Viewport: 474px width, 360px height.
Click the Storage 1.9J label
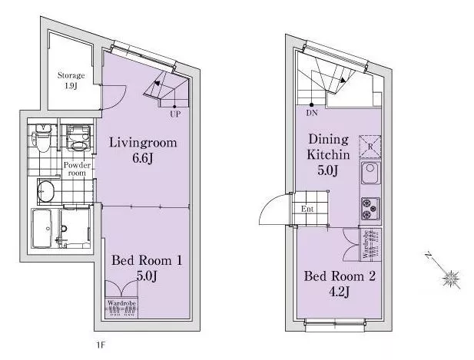pos(71,81)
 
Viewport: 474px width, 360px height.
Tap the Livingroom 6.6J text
pos(143,150)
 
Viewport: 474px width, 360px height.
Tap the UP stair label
pos(175,114)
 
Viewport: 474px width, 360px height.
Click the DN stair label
pos(312,113)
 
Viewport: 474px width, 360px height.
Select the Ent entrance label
pos(307,209)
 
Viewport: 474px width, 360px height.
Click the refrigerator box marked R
pos(370,147)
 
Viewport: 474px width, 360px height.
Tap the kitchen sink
pos(370,173)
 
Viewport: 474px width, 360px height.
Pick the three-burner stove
pos(370,209)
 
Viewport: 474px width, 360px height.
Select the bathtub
pos(42,228)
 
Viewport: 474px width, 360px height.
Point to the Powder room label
pos(77,169)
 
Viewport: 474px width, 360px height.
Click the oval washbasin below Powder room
pos(46,191)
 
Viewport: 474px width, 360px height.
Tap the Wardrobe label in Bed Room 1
pos(121,303)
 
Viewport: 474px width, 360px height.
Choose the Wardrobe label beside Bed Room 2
pos(366,244)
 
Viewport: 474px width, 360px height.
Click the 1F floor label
pos(101,345)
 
